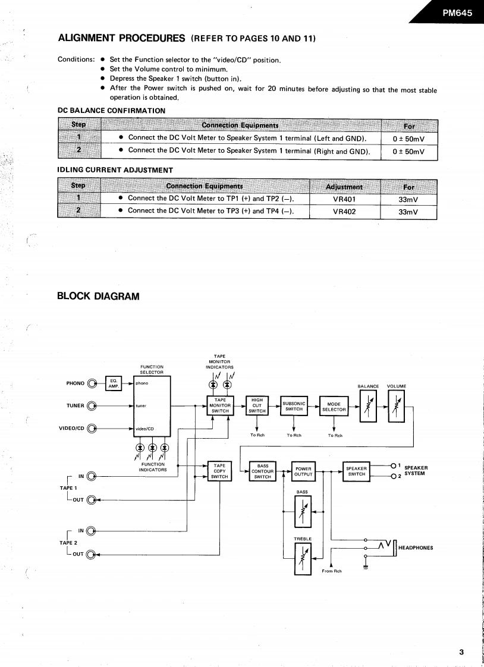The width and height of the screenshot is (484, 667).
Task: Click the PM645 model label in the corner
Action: [x=457, y=12]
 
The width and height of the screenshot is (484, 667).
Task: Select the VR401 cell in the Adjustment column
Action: [x=344, y=199]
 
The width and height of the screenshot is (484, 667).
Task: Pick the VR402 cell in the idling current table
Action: [x=344, y=210]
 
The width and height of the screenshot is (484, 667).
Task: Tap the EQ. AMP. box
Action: [x=113, y=383]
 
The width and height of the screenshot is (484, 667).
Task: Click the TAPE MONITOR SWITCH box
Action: [x=219, y=405]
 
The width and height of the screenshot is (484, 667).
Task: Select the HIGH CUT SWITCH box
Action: [x=257, y=405]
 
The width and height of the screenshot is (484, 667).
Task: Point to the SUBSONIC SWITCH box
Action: [x=294, y=405]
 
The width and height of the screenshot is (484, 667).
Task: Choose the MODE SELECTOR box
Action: [x=334, y=407]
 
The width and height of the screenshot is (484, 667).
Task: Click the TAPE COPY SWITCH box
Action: [x=219, y=470]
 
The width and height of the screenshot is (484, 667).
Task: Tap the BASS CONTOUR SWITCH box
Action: [x=262, y=471]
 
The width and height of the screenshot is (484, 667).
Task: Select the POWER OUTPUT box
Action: [x=303, y=471]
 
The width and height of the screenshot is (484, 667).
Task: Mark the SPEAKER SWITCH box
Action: [x=357, y=470]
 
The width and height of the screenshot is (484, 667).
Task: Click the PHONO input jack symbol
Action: [x=92, y=383]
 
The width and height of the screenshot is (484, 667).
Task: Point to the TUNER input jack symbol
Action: [x=92, y=407]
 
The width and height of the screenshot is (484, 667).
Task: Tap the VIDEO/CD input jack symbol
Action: [x=92, y=428]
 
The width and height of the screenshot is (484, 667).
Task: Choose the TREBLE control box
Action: [x=303, y=558]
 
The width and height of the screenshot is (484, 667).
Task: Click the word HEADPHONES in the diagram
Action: [x=416, y=548]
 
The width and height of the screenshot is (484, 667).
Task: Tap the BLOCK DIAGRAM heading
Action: [x=98, y=295]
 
